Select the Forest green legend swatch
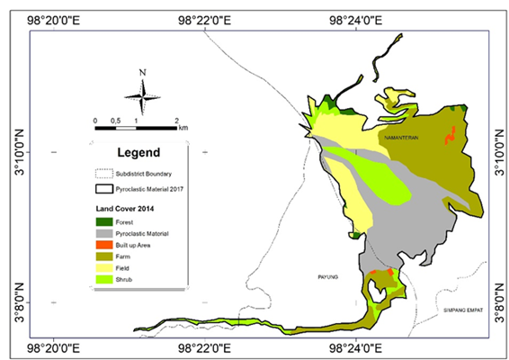pos(105,220)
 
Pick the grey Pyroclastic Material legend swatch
pos(105,233)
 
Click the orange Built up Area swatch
pos(105,245)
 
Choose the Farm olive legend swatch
pos(105,256)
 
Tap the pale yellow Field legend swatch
pos(105,268)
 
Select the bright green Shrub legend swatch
pos(105,280)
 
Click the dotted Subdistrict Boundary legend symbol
pos(105,173)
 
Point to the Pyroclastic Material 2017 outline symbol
pos(105,189)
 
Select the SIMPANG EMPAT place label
pos(463,310)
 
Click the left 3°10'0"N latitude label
pos(18,152)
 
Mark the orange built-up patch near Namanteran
pos(449,137)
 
